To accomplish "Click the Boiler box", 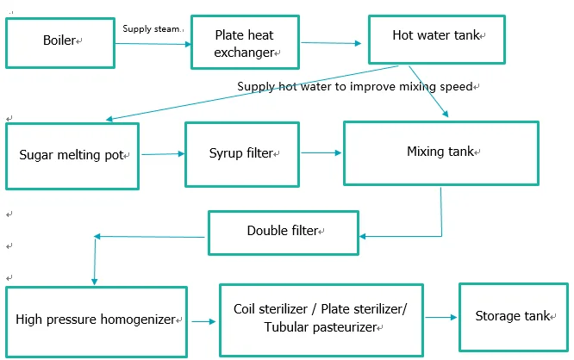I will [61, 41].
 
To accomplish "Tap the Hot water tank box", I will [437, 36].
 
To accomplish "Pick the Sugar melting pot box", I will [72, 156].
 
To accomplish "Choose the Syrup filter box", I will [240, 153].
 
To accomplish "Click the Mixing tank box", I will [440, 152].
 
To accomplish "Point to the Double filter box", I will [284, 231].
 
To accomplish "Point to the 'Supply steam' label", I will [153, 29].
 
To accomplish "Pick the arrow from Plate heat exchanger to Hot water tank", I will [331, 43].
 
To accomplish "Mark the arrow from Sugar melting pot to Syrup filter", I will [162, 154].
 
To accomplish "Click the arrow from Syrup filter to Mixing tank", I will [321, 153].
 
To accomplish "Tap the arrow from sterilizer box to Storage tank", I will [441, 318].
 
